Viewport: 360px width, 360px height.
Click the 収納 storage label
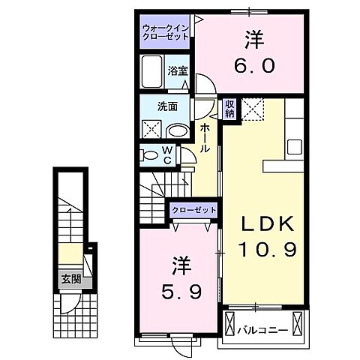tap(229, 109)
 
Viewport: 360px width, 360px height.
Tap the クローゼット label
tap(193, 210)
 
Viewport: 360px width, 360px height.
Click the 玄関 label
tap(70, 281)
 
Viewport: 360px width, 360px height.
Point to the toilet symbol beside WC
tap(149, 155)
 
